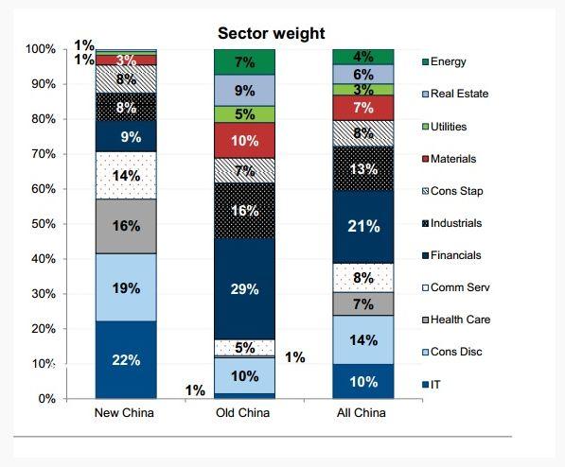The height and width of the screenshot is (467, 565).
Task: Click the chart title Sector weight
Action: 271,33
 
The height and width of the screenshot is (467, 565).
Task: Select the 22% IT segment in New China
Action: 126,359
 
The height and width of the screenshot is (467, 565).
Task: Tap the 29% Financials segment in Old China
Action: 245,289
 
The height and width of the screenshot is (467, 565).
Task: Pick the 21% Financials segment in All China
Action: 363,227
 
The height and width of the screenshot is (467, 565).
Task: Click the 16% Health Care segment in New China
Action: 126,226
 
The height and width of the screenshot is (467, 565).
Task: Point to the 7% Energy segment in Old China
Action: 245,62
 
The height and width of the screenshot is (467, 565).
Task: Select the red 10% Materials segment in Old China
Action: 245,141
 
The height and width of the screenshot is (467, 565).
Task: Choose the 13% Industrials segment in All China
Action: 363,168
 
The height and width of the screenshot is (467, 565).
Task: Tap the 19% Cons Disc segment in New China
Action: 126,287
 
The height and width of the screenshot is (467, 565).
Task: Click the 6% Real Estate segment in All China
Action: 363,75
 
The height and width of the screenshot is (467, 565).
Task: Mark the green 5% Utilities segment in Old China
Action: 245,114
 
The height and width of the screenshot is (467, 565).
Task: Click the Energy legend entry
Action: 444,61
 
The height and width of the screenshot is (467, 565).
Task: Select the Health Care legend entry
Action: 456,320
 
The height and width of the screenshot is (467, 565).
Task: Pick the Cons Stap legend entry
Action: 453,191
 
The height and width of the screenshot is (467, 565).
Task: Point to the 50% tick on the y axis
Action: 65,224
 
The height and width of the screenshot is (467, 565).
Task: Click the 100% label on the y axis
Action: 41,49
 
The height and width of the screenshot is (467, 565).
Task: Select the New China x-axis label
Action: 124,412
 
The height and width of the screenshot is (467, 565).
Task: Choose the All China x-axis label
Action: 362,412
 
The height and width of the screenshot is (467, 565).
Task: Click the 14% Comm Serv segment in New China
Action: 126,175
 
